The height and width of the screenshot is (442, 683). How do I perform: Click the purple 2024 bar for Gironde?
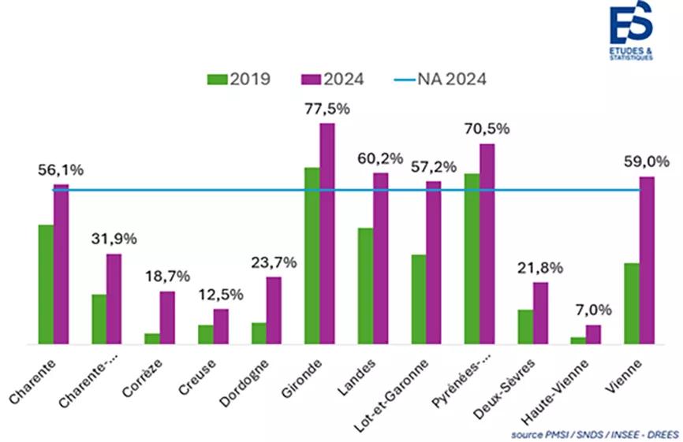point(327,234)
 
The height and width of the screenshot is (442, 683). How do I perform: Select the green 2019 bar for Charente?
point(46,284)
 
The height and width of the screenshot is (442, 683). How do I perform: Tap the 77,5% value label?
point(327,108)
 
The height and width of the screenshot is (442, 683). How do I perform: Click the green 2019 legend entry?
point(239,79)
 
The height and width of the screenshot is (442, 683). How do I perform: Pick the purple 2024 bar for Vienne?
point(647,261)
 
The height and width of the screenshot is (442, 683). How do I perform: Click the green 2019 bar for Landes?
point(365,286)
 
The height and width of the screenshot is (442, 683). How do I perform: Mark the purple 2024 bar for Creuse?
point(221,326)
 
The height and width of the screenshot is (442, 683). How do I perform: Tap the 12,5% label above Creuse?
point(220,295)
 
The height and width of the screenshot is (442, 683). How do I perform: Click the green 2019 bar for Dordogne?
point(259,333)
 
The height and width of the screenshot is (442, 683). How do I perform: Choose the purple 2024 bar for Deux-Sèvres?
point(540,313)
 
